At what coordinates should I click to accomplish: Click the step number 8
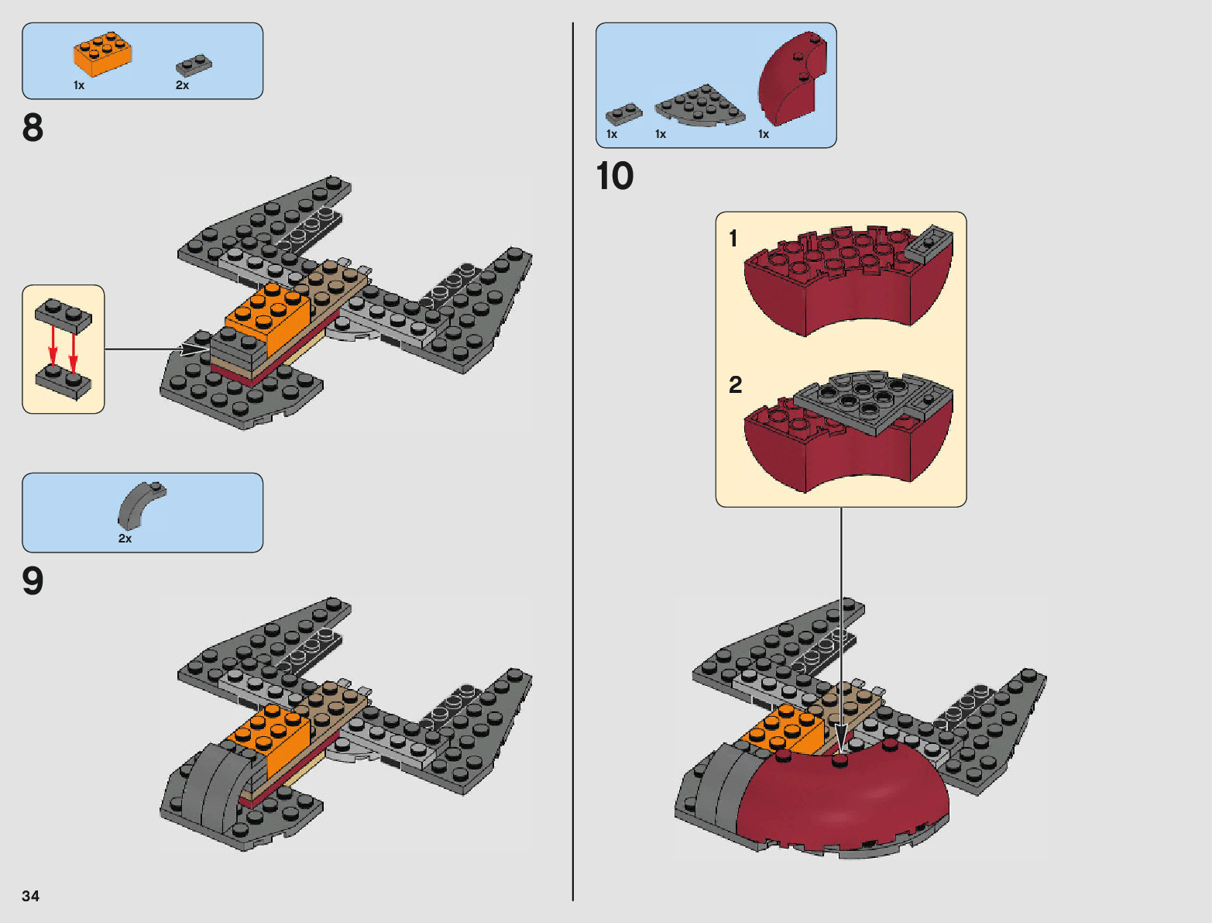point(33,128)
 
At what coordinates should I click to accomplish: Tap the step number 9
point(33,581)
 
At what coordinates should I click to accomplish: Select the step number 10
point(615,176)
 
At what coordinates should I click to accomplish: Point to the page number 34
point(30,896)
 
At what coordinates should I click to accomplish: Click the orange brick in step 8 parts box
point(102,54)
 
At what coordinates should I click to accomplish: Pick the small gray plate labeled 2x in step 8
point(194,65)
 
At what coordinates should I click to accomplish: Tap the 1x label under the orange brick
point(79,85)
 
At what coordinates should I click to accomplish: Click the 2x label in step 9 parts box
point(125,539)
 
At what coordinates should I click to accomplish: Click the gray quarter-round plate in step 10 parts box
point(699,105)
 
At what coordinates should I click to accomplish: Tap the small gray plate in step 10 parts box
point(623,115)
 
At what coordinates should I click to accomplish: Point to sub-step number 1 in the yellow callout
point(733,238)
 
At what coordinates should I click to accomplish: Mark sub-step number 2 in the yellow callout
point(735,384)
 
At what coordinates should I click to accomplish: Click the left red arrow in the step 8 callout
point(53,345)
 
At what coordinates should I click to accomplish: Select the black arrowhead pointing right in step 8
point(194,350)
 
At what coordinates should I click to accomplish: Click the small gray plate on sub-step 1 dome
point(928,243)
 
